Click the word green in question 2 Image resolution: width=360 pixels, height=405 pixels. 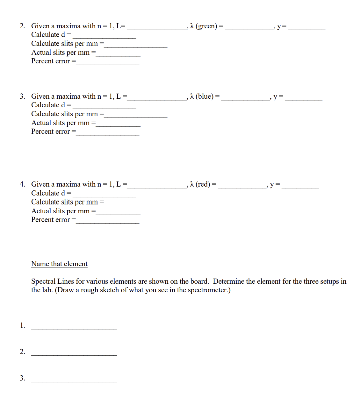click(207, 26)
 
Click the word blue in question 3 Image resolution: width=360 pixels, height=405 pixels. click(205, 96)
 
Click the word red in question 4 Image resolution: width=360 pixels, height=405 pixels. click(203, 184)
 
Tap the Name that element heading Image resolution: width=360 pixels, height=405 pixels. click(59, 264)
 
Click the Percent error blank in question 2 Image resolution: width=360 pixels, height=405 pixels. click(108, 63)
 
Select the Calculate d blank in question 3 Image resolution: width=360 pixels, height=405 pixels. click(104, 107)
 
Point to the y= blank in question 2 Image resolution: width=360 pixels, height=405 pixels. click(306, 28)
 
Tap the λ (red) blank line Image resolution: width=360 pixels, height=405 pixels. click(242, 187)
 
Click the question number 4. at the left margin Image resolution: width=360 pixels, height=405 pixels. click(22, 184)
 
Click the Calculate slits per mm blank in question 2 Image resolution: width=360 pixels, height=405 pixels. click(136, 46)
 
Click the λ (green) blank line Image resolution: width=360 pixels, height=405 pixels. click(249, 28)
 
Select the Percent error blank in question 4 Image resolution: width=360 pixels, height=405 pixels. click(108, 222)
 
